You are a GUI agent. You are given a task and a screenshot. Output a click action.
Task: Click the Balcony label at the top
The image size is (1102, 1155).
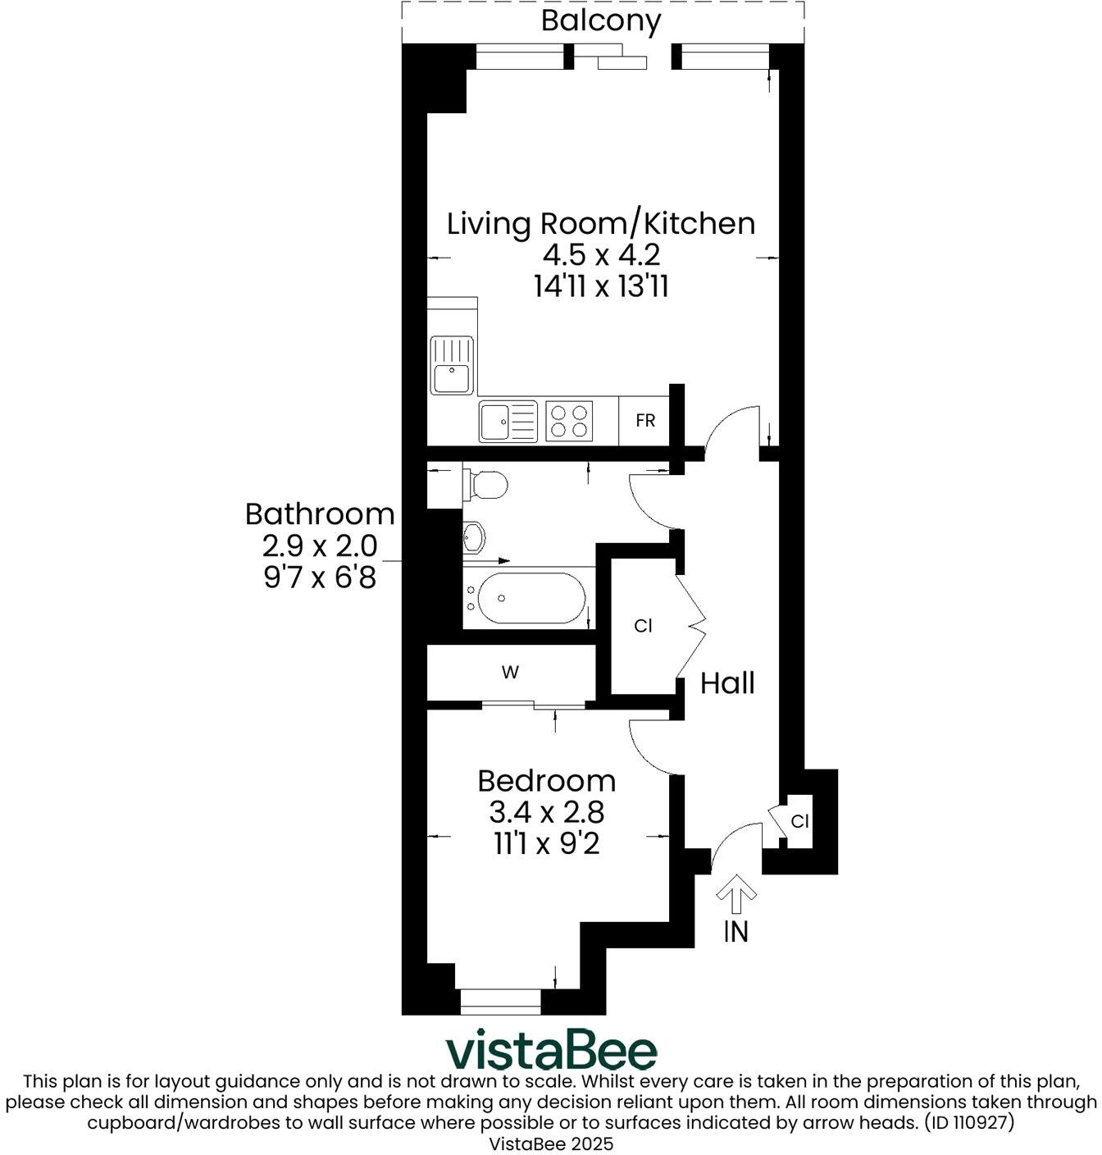pyautogui.click(x=601, y=21)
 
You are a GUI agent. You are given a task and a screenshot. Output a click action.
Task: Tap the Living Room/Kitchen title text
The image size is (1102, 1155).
pyautogui.click(x=601, y=223)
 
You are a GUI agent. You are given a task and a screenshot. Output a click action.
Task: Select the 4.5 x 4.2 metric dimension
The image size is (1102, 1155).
pyautogui.click(x=601, y=255)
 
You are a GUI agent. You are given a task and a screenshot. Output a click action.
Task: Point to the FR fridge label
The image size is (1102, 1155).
pyautogui.click(x=645, y=421)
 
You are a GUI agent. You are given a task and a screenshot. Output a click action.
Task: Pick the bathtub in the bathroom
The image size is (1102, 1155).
pyautogui.click(x=531, y=598)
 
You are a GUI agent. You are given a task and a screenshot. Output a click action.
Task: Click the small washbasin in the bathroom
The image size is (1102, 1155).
pyautogui.click(x=475, y=538)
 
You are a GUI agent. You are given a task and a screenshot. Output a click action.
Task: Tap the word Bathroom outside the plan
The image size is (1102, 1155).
pyautogui.click(x=320, y=514)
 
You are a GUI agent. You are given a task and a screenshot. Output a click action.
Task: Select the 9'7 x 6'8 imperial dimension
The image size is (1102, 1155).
pyautogui.click(x=320, y=577)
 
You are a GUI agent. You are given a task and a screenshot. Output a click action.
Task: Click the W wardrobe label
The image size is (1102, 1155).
pyautogui.click(x=510, y=673)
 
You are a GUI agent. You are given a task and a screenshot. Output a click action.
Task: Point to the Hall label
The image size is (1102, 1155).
pyautogui.click(x=727, y=682)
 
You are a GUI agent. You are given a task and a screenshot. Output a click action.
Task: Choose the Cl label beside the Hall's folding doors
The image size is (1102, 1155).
pyautogui.click(x=644, y=626)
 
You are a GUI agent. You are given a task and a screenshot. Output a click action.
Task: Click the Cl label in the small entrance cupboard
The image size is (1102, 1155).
pyautogui.click(x=799, y=821)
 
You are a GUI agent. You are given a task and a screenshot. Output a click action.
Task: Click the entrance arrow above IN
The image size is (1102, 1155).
pyautogui.click(x=736, y=893)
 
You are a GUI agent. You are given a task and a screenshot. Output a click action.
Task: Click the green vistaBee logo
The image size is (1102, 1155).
pyautogui.click(x=551, y=1051)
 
